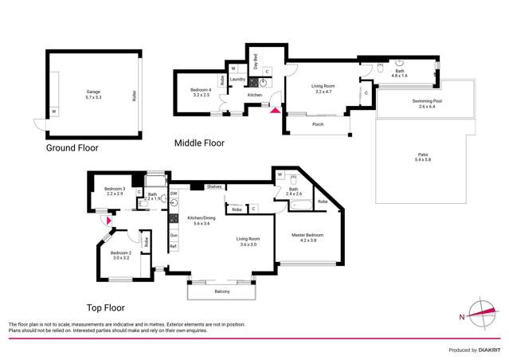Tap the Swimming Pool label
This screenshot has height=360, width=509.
click(429, 103)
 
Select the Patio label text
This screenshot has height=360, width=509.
click(422, 158)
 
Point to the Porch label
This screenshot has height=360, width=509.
click(318, 124)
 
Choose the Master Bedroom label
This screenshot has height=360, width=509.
click(307, 234)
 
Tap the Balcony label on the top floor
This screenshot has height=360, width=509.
click(222, 292)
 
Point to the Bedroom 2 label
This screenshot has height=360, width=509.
click(121, 255)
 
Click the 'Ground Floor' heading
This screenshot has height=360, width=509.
click(72, 148)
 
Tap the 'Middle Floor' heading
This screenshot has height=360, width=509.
click(199, 143)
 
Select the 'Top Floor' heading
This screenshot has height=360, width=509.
click(106, 307)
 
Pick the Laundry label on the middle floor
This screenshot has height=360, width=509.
click(236, 79)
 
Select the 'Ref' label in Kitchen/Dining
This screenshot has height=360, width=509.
click(173, 247)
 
